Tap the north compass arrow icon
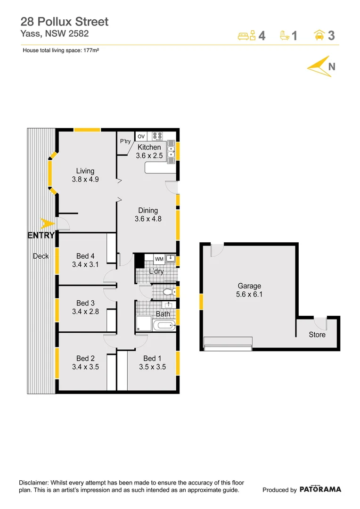319,67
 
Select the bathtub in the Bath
164,325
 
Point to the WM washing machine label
159,259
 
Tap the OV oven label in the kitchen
141,137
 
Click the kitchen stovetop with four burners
158,137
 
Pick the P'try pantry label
125,141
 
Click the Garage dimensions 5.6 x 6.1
249,295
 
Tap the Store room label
317,335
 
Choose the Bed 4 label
85,256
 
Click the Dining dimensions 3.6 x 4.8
147,219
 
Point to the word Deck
41,256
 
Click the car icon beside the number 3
319,35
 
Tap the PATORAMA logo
320,489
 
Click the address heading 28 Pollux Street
65,22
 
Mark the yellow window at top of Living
87,130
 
